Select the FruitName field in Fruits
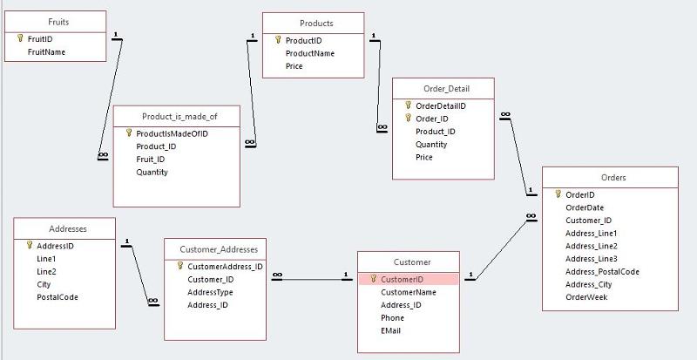pyautogui.click(x=47, y=51)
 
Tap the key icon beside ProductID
pyautogui.click(x=278, y=40)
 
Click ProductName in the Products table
pyautogui.click(x=310, y=53)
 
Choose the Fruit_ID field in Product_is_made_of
pyautogui.click(x=151, y=160)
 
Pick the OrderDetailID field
pyautogui.click(x=441, y=105)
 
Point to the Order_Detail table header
pyautogui.click(x=443, y=87)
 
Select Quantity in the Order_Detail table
pyautogui.click(x=431, y=145)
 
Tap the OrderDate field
pyautogui.click(x=585, y=207)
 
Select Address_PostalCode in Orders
pyautogui.click(x=603, y=271)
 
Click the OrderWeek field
pyautogui.click(x=586, y=296)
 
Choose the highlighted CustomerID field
pyautogui.click(x=402, y=279)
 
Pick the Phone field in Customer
pyautogui.click(x=392, y=317)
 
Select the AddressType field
pyautogui.click(x=209, y=292)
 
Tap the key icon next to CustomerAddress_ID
pyautogui.click(x=179, y=266)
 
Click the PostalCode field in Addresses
pyautogui.click(x=58, y=297)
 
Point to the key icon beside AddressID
pyautogui.click(x=29, y=246)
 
